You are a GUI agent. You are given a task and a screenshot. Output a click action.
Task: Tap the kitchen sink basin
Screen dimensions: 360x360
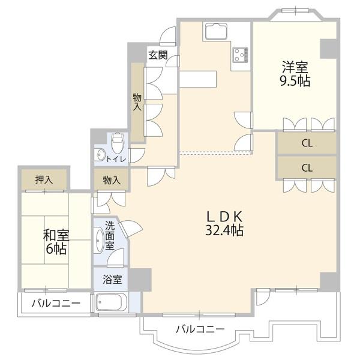(215, 31)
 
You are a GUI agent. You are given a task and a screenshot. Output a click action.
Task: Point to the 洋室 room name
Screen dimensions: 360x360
(294, 66)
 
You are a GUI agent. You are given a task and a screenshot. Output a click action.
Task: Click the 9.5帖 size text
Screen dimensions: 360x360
(295, 81)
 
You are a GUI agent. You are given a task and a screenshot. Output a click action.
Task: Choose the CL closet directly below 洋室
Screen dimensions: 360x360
(307, 143)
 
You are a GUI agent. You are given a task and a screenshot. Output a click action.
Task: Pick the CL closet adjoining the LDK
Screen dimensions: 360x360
(307, 167)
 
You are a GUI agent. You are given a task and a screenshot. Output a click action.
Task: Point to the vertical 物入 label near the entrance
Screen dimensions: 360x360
(137, 101)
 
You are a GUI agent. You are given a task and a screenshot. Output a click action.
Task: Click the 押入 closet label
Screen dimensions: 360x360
(44, 179)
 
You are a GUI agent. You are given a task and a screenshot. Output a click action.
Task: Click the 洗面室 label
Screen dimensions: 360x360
(110, 236)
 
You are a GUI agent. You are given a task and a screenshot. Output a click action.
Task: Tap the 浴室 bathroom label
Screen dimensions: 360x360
(111, 280)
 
